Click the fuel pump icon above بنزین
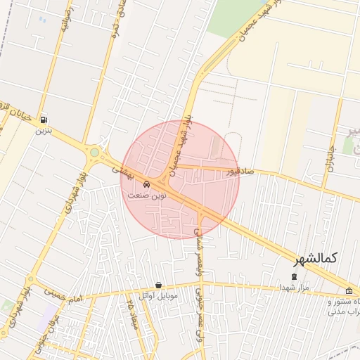(x=45, y=120)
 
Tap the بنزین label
(x=44, y=131)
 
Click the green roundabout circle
(x=94, y=152)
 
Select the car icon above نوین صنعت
(x=146, y=184)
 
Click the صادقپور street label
(x=240, y=171)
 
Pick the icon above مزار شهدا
(x=294, y=276)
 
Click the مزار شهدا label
(x=293, y=287)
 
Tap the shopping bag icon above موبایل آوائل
(x=158, y=285)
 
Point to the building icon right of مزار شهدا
(x=349, y=291)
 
